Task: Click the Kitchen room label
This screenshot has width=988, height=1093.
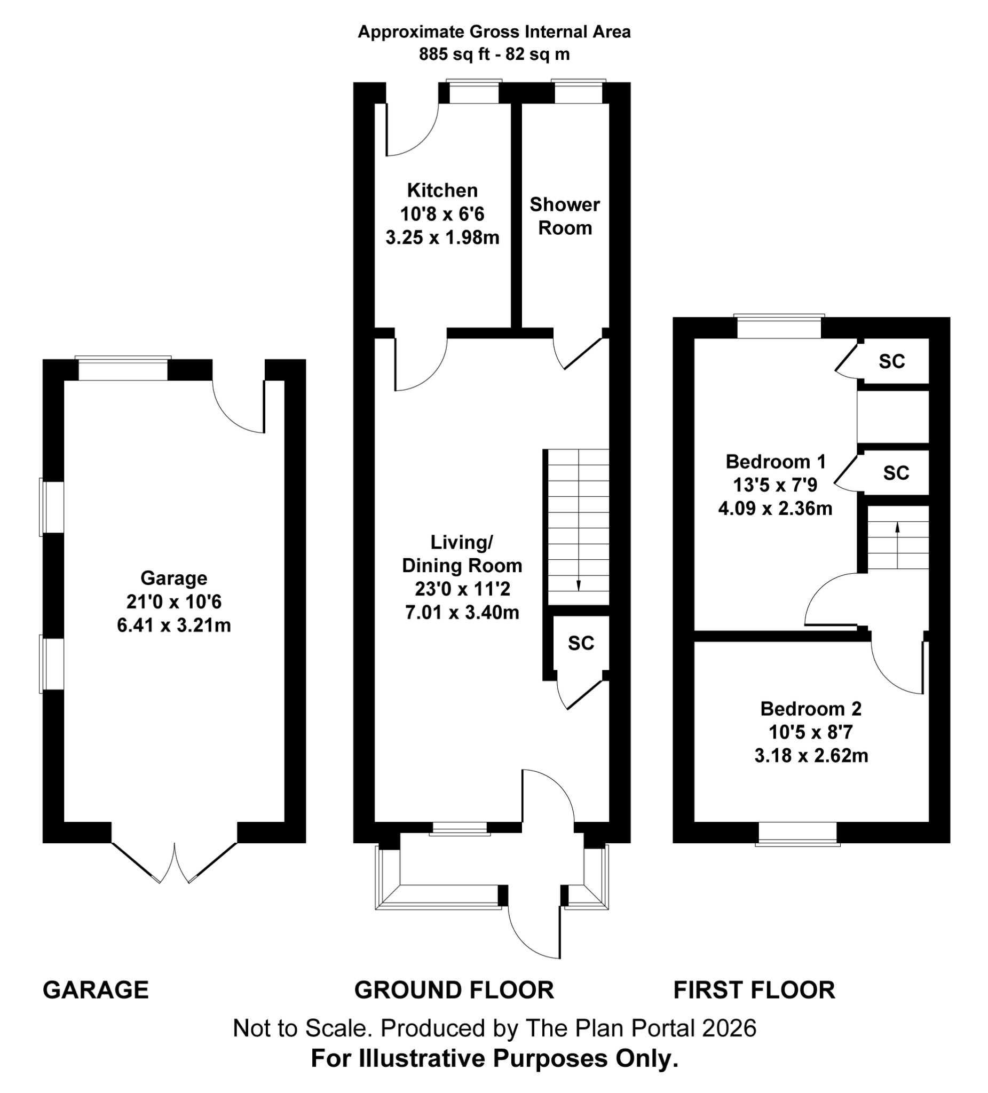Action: coord(442,191)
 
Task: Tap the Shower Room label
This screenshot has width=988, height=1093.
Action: coord(565,216)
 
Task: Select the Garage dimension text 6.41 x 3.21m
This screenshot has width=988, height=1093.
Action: coord(173,625)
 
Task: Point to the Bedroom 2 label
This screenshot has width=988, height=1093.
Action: coord(811,708)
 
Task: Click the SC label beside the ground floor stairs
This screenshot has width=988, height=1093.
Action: coord(581,643)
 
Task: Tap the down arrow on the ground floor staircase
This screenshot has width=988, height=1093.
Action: coord(578,585)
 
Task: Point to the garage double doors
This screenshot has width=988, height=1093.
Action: coord(174,861)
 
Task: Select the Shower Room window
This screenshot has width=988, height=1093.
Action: coord(578,92)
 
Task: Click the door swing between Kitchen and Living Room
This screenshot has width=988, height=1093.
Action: coord(420,363)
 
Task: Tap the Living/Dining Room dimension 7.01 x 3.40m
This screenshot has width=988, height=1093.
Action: coord(462,612)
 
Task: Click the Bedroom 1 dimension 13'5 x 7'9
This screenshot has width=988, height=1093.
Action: coord(775,485)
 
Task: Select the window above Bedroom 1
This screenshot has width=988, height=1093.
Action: coord(779,327)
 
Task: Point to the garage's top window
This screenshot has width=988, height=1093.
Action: coord(123,369)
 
